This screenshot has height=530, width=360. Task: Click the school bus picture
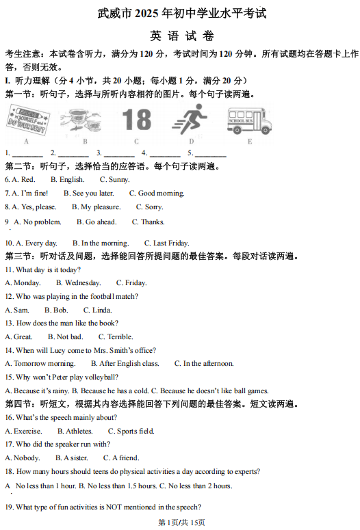[x=250, y=120]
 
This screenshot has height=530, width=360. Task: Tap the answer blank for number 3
[x=119, y=154]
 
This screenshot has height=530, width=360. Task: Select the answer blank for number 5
[x=210, y=154]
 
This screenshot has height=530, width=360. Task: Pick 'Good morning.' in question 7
[x=157, y=194]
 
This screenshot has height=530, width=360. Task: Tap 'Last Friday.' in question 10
[x=166, y=243]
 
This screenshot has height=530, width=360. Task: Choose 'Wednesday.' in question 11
[x=79, y=283]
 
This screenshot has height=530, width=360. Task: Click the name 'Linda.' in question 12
[x=98, y=310]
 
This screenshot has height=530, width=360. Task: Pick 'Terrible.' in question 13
[x=116, y=336]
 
